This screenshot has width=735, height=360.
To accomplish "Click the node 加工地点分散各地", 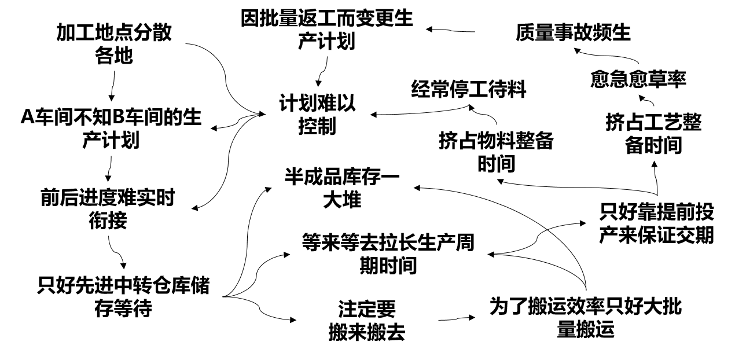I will click(x=114, y=45).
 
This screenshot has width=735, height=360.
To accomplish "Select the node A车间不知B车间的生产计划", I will click(x=111, y=128).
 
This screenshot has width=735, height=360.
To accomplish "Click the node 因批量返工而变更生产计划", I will click(x=327, y=30).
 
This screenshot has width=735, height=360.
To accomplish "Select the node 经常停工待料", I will click(x=469, y=89).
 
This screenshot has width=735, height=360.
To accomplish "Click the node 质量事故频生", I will click(x=573, y=32).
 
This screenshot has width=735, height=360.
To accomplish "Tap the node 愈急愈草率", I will click(x=638, y=79).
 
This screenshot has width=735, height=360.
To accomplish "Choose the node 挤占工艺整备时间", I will click(x=653, y=134).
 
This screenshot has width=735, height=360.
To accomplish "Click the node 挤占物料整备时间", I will click(x=496, y=152).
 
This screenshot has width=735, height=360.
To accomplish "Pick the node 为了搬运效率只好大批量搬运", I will click(x=585, y=317).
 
